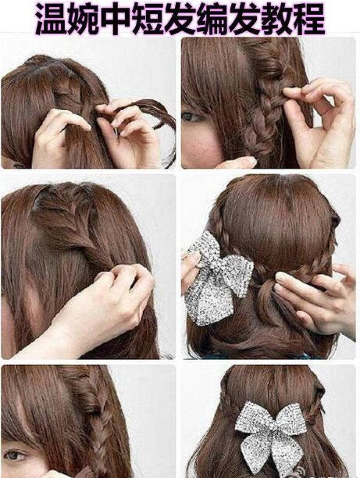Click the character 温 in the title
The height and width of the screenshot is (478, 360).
point(51,18)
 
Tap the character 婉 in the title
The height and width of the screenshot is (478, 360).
point(84,18)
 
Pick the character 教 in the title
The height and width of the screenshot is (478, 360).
point(276,18)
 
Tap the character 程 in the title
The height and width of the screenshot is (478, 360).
point(308,18)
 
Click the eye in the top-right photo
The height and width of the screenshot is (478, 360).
point(191,116)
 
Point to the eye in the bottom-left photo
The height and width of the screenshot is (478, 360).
point(14,455)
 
